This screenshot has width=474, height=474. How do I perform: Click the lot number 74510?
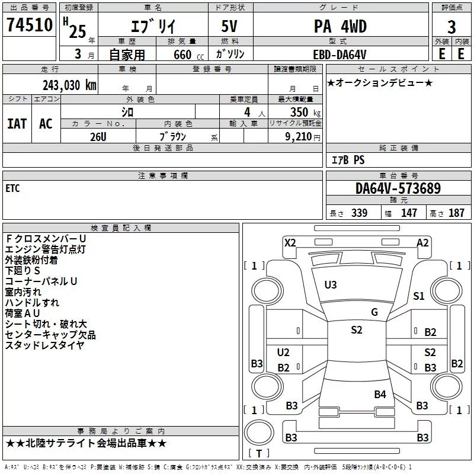click(30, 25)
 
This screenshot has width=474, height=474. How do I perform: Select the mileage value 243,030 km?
click(69, 85)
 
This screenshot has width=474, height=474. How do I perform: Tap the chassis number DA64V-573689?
click(398, 188)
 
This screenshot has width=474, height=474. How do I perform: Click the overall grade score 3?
click(451, 27)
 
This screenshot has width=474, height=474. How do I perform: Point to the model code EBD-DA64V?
click(340, 55)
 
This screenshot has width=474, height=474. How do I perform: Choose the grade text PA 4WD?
click(340, 26)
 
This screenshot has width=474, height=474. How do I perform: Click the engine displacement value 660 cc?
click(189, 55)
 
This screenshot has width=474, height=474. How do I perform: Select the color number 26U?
click(98, 137)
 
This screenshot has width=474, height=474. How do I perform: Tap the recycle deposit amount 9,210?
click(299, 137)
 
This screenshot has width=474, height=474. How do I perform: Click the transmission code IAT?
click(17, 124)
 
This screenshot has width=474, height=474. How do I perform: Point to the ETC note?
click(12, 188)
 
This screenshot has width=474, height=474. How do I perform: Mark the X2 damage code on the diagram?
click(290, 243)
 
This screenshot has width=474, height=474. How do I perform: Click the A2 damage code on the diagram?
click(422, 243)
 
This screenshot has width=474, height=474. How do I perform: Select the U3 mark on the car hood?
click(331, 285)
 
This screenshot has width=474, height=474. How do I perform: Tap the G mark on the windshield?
click(374, 312)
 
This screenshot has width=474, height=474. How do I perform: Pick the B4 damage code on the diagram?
click(380, 394)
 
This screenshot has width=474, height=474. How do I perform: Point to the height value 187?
click(456, 213)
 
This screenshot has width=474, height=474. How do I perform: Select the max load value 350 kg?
click(305, 112)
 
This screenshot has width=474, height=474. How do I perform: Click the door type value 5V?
click(229, 26)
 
